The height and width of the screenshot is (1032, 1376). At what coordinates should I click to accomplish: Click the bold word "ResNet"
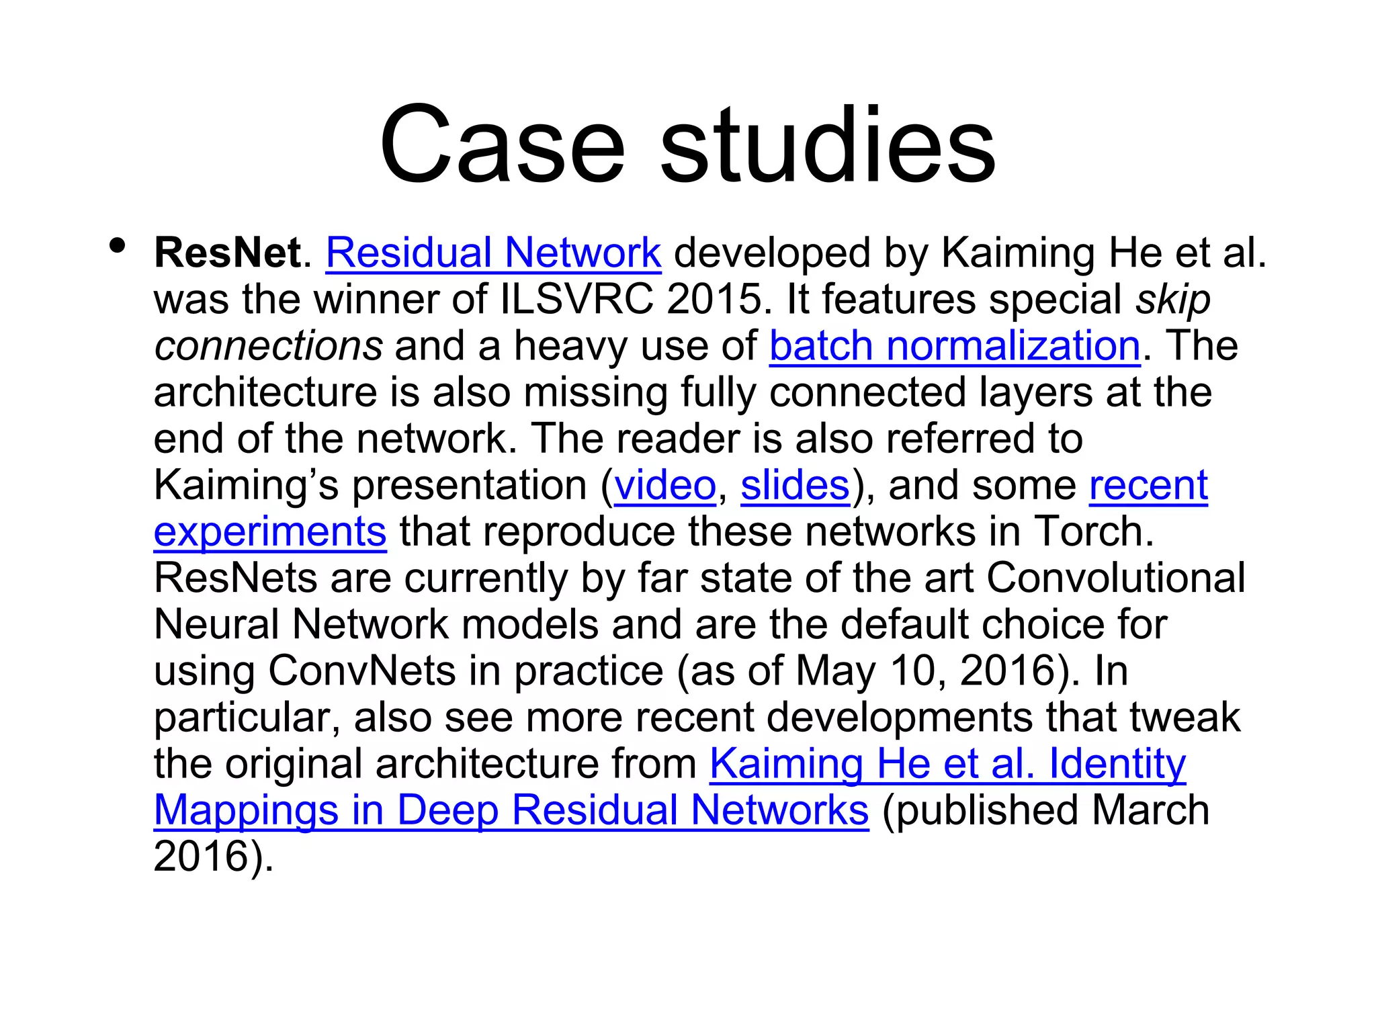click(x=228, y=253)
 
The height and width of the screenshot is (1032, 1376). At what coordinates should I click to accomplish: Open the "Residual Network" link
click(x=493, y=253)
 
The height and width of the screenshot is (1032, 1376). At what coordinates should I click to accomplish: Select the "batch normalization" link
click(x=955, y=347)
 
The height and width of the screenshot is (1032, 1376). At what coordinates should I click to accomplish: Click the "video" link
click(x=664, y=486)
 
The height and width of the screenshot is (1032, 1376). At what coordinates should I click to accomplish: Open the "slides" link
click(x=795, y=486)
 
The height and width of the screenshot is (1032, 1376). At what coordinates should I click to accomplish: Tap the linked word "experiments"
click(x=270, y=532)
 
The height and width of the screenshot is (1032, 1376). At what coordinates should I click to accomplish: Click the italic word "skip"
click(x=1172, y=300)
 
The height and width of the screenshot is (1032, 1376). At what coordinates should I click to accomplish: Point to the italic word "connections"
click(x=268, y=347)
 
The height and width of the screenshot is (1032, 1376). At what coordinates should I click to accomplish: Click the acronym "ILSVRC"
click(x=577, y=300)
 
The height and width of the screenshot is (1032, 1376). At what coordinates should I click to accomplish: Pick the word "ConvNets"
click(x=362, y=671)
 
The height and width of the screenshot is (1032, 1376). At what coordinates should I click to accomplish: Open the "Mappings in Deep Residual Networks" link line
click(x=511, y=810)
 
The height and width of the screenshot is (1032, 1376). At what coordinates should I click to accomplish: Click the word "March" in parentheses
click(x=1150, y=810)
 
